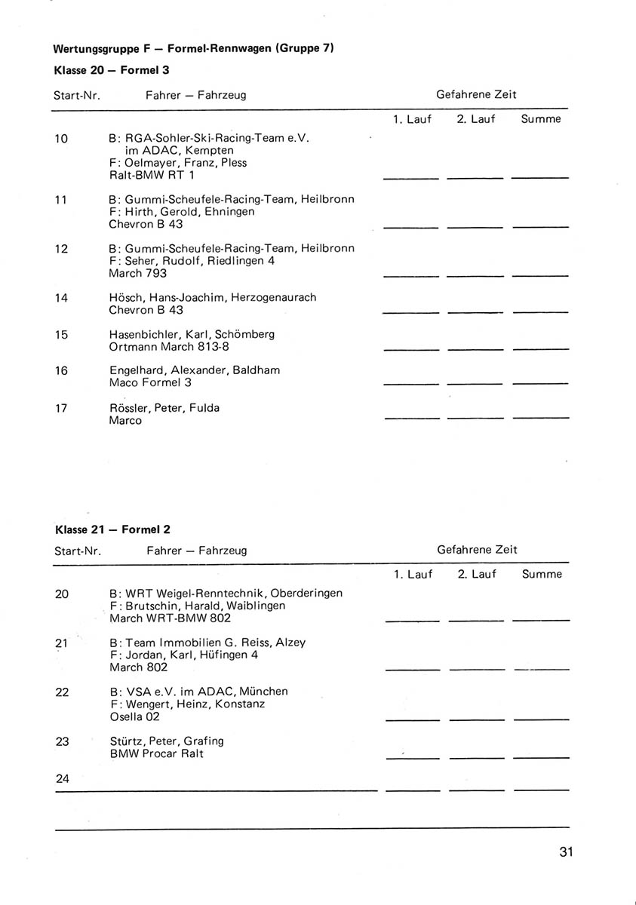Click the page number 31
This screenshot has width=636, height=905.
tap(567, 852)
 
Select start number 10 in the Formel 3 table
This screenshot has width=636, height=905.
tap(61, 138)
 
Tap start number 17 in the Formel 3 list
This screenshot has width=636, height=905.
tap(61, 408)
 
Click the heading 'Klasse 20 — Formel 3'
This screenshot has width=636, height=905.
tap(112, 70)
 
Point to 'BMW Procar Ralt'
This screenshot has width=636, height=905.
tap(156, 753)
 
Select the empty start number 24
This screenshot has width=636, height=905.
tap(62, 778)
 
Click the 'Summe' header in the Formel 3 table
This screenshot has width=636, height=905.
tap(540, 119)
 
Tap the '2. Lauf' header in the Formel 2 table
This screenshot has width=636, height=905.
tap(477, 574)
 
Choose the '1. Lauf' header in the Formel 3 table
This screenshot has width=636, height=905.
tap(412, 119)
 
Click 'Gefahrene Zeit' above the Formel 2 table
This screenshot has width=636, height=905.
tap(477, 550)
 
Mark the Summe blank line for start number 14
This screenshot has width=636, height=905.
tap(539, 311)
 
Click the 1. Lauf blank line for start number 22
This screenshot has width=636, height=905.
tap(412, 719)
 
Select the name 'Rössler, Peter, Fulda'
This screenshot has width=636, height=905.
tap(164, 408)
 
